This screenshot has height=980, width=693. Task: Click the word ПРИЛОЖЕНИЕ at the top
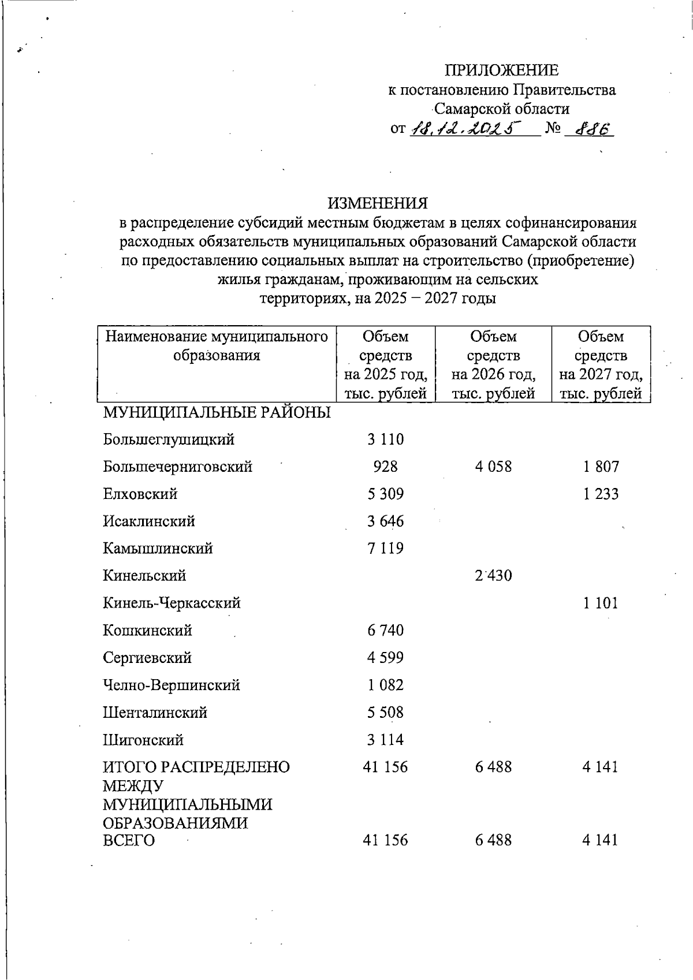click(501, 70)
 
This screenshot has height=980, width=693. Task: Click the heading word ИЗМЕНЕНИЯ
click(378, 203)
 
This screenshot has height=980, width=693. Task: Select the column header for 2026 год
click(493, 364)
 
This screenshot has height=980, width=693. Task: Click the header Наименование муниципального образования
click(217, 345)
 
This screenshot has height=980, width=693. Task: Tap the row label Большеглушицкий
click(169, 439)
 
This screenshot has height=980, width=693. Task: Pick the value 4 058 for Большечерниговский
click(493, 467)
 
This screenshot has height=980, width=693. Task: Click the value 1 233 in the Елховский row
click(600, 494)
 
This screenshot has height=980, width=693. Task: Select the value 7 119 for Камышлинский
click(385, 548)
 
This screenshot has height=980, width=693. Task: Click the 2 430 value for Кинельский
click(493, 576)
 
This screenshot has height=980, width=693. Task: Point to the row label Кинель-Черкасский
click(172, 603)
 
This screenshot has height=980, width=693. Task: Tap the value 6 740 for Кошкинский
click(385, 630)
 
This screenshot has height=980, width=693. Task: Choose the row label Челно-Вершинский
click(172, 685)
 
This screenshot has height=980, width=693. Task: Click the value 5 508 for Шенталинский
click(385, 712)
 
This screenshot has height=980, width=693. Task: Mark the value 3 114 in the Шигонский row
click(385, 740)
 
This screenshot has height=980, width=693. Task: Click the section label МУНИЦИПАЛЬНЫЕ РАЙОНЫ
click(217, 413)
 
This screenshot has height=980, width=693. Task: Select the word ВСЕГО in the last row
click(129, 840)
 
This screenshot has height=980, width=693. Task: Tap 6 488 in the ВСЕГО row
click(493, 840)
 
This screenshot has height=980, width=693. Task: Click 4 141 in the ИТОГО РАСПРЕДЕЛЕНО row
click(600, 767)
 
